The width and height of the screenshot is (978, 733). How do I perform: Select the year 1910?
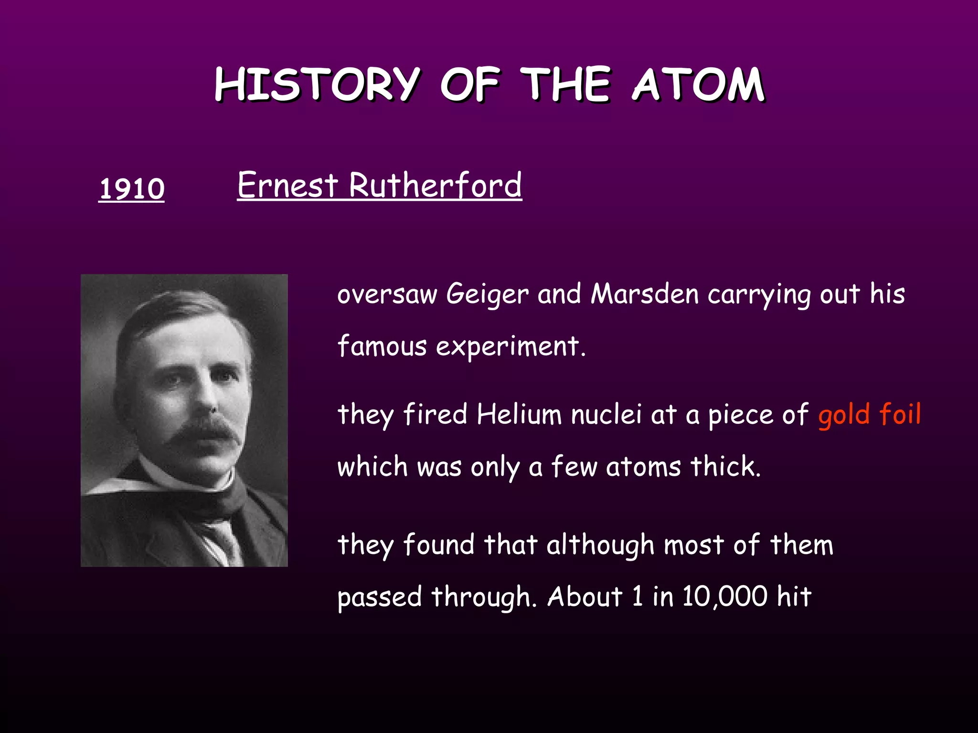(x=131, y=188)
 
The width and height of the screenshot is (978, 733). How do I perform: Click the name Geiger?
(x=487, y=294)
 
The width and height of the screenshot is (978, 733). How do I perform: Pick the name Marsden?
(x=645, y=294)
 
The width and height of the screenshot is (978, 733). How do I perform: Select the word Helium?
(x=519, y=414)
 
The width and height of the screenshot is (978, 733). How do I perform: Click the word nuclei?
(x=606, y=414)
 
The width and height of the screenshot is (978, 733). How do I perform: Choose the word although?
(x=600, y=545)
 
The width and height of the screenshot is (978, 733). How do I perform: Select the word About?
(x=585, y=597)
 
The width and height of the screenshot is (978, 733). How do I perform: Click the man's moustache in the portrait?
(x=203, y=432)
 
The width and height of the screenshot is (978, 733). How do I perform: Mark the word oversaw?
(x=387, y=294)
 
